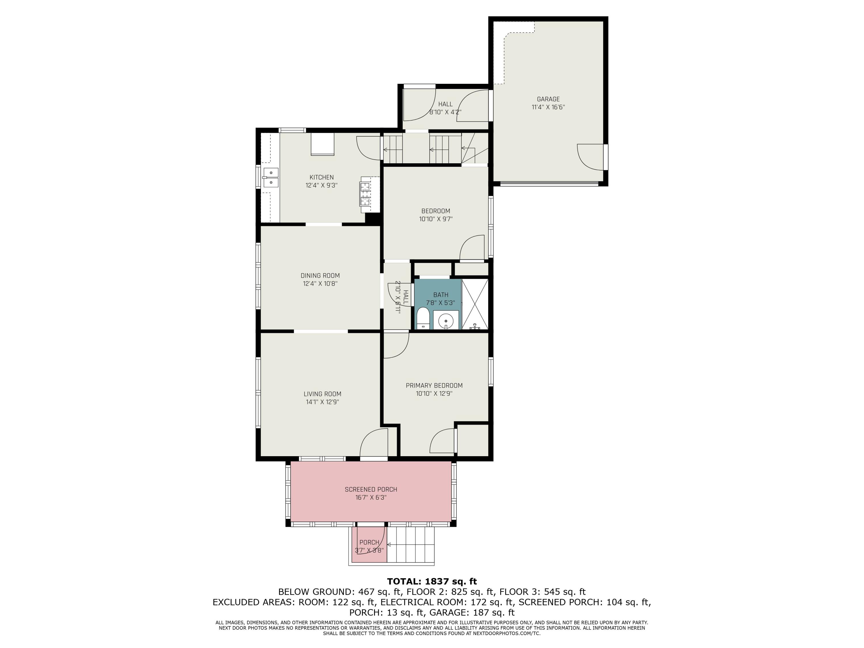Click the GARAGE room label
[548, 99]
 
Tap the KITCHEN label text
[321, 177]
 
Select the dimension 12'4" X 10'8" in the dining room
[320, 284]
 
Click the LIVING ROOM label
[322, 394]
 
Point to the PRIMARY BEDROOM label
[434, 386]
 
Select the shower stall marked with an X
[475, 304]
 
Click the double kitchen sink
[270, 177]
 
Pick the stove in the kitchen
[365, 194]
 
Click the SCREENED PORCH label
[371, 489]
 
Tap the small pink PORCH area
[369, 545]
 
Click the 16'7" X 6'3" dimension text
[371, 498]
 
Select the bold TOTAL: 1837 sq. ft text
[432, 581]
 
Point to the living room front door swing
[374, 443]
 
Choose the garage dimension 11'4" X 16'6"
[548, 107]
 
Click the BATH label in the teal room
[441, 295]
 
